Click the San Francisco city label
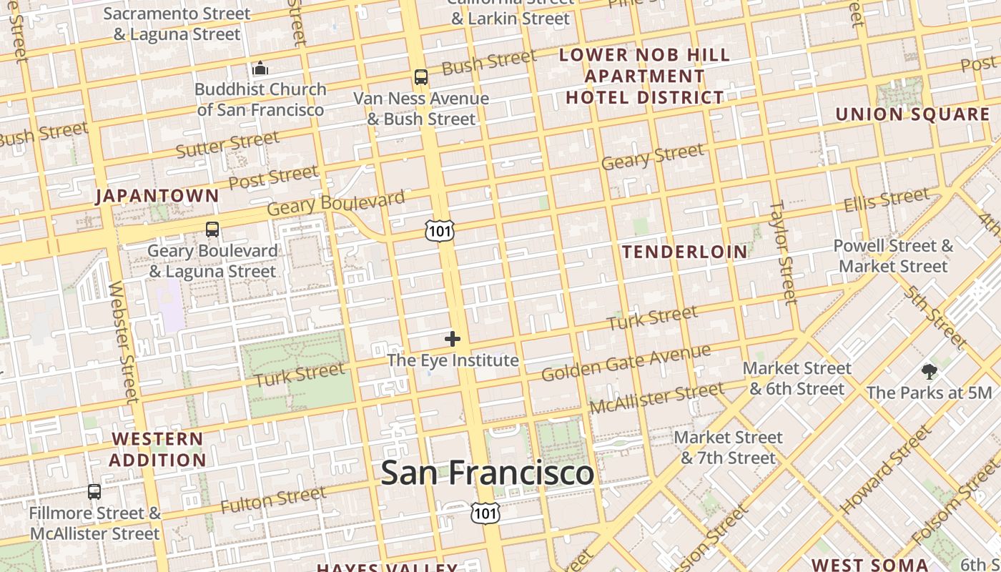pos(487,473)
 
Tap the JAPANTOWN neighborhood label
pos(157,196)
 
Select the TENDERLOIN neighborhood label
pos(684,252)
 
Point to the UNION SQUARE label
pos(912,114)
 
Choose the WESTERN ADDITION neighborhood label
pos(157,449)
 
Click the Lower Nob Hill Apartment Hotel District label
pos(645,76)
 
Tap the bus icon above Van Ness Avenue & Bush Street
pos(421,77)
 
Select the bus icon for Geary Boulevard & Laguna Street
pos(212,230)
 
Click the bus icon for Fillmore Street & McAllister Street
pos(94,492)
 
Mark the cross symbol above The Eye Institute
pos(453,339)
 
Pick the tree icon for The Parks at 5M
pos(929,371)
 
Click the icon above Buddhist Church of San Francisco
pos(260,69)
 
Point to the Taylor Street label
pos(782,252)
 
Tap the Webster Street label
pos(122,342)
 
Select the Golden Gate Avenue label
pos(626,363)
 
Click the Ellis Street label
pos(887,200)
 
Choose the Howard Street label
pos(886,470)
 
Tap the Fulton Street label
pos(273,499)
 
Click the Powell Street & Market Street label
pos(893,256)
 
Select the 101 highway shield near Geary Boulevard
pos(439,230)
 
